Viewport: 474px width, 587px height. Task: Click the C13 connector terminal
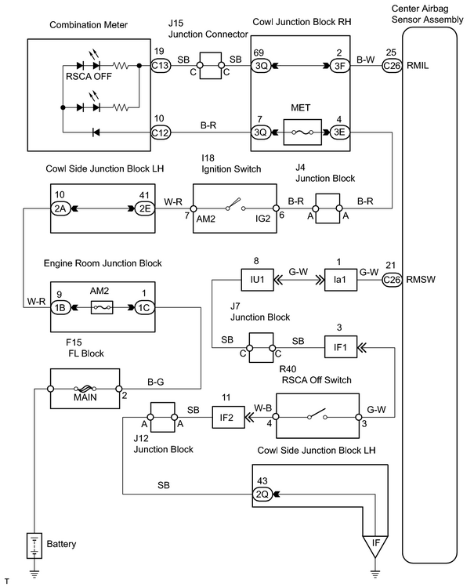pyautogui.click(x=161, y=66)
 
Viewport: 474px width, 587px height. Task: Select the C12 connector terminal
pyautogui.click(x=161, y=132)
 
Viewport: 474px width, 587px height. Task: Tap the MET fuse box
pyautogui.click(x=302, y=132)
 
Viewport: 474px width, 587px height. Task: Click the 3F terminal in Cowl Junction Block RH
pyautogui.click(x=340, y=66)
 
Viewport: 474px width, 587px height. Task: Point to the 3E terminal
pyautogui.click(x=340, y=132)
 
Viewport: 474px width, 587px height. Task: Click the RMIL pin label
pyautogui.click(x=418, y=66)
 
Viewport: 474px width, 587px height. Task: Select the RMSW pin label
pyautogui.click(x=421, y=280)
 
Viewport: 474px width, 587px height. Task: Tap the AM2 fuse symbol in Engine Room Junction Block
pyautogui.click(x=102, y=307)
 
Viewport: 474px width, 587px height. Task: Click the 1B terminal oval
pyautogui.click(x=60, y=308)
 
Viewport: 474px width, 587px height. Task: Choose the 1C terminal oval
pyautogui.click(x=144, y=308)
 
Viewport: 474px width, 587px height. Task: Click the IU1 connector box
pyautogui.click(x=258, y=280)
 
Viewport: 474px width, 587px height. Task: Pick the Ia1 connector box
pyautogui.click(x=340, y=280)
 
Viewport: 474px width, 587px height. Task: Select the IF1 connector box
pyautogui.click(x=340, y=347)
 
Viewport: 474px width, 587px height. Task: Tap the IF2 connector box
pyautogui.click(x=226, y=417)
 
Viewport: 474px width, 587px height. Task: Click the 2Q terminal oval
pyautogui.click(x=262, y=495)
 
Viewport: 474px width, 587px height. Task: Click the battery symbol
pyautogui.click(x=34, y=545)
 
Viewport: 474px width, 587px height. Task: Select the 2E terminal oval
pyautogui.click(x=144, y=208)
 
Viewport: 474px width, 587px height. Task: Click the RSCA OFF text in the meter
pyautogui.click(x=89, y=76)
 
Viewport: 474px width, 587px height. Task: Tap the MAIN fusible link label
pyautogui.click(x=85, y=397)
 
